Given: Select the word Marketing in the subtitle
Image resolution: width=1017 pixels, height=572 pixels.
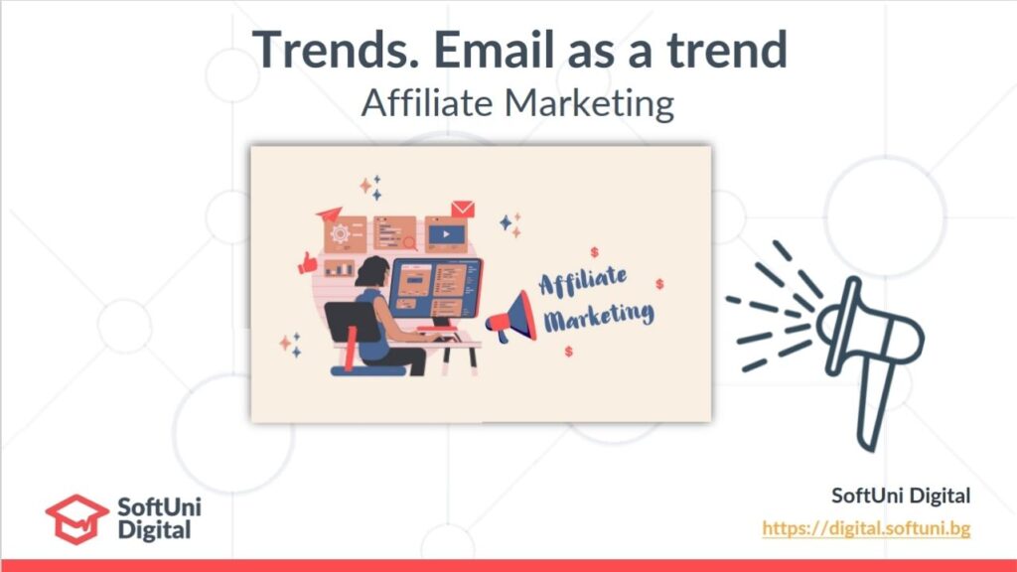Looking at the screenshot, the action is [589, 103].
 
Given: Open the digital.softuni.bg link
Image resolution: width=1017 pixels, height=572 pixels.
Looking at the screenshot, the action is [866, 528].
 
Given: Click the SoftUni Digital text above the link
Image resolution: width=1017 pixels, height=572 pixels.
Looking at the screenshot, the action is [901, 496].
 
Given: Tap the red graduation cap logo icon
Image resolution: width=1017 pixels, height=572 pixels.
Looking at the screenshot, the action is [76, 518].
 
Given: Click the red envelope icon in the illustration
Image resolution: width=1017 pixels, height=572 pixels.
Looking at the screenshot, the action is [463, 209].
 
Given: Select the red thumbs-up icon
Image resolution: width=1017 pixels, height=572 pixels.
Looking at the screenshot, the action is [308, 263].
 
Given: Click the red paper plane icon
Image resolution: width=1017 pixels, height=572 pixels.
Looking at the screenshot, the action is [330, 214].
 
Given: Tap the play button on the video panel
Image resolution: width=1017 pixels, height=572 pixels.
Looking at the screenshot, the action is [446, 234].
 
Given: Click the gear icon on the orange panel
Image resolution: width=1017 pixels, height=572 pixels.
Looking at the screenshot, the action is [340, 233].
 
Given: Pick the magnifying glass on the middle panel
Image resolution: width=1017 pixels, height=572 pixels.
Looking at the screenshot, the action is [410, 243].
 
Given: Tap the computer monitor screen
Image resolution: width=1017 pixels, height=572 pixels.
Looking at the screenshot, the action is [436, 288].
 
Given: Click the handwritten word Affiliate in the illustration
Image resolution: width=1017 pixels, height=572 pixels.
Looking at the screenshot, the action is [582, 281].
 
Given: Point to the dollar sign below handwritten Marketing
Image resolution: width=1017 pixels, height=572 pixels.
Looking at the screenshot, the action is [568, 351].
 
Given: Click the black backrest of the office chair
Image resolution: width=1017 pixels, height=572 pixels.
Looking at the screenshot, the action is [353, 322].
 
